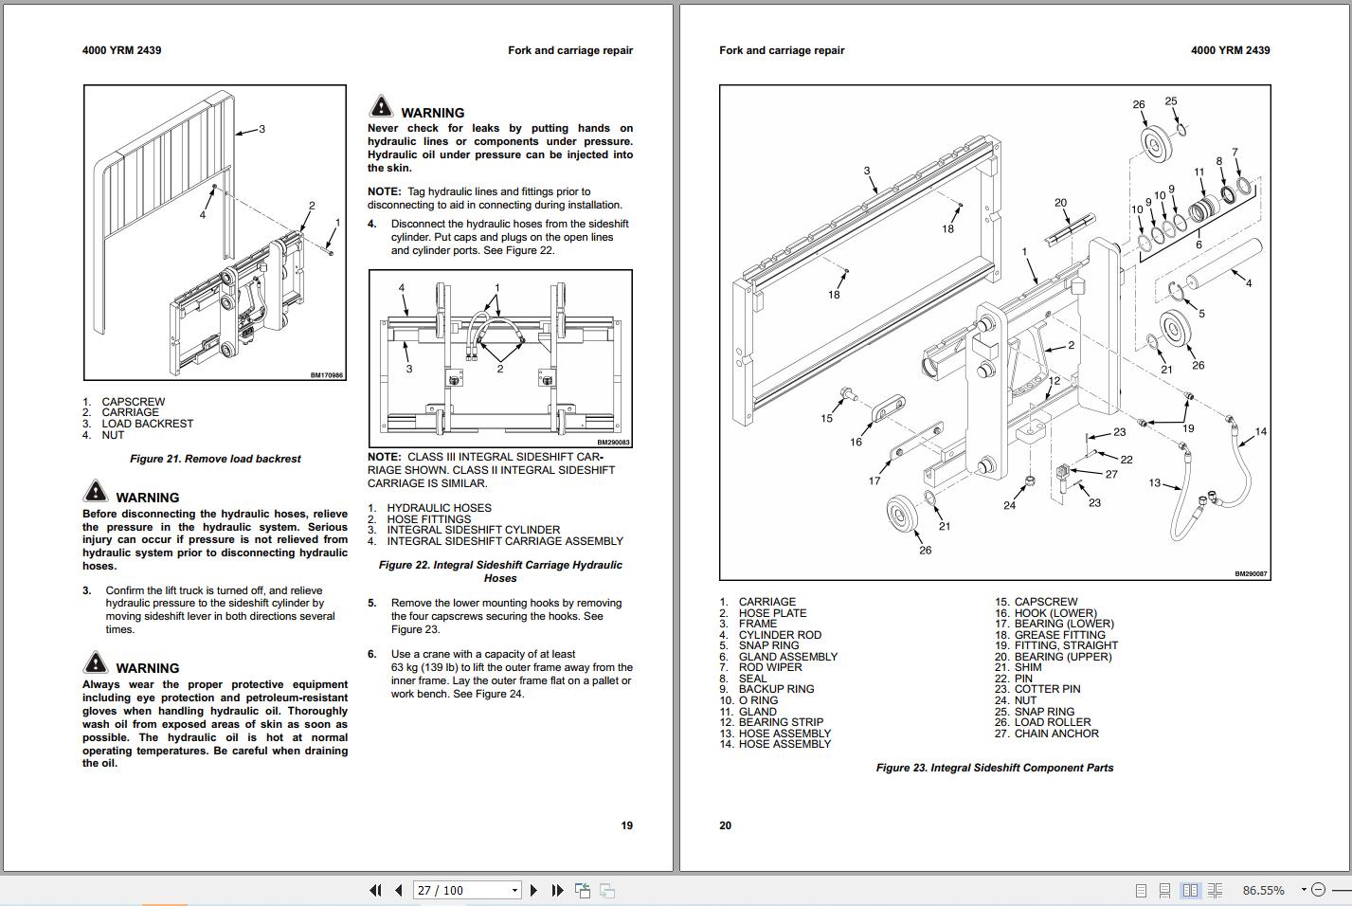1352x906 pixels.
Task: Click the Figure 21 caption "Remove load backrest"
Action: (215, 459)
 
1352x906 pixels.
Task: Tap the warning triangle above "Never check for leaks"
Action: (381, 106)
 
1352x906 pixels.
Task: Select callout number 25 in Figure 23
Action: (1171, 101)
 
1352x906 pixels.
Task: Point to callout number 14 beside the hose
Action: (1260, 432)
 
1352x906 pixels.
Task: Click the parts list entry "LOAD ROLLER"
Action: (1052, 722)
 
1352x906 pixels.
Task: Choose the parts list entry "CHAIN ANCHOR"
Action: (1055, 734)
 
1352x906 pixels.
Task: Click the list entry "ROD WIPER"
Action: (769, 667)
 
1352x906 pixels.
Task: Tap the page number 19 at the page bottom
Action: (626, 825)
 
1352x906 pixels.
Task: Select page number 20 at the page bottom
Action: (725, 825)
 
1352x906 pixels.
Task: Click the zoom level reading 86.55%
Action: (1263, 890)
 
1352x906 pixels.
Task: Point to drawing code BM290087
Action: (1250, 574)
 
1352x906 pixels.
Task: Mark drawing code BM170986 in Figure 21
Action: (327, 375)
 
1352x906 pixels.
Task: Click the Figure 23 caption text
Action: (994, 768)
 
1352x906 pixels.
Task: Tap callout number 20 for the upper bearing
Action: (1060, 203)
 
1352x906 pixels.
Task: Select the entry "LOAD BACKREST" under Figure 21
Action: (147, 424)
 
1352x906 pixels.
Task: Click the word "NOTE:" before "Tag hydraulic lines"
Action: (384, 191)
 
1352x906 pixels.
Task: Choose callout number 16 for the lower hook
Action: (856, 442)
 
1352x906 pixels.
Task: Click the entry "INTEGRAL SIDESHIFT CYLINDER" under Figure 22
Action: (473, 530)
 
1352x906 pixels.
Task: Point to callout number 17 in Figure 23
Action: (874, 480)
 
